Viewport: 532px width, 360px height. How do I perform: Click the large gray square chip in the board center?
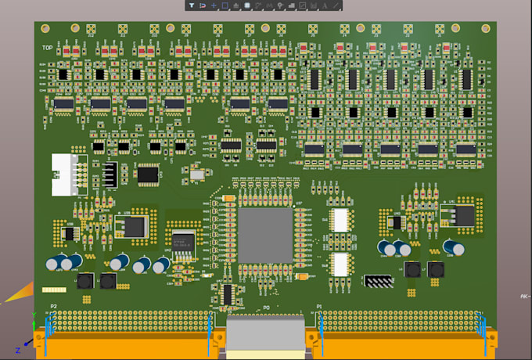click(x=265, y=235)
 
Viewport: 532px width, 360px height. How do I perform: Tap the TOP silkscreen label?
click(x=48, y=49)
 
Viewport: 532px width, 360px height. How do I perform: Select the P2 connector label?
click(x=54, y=306)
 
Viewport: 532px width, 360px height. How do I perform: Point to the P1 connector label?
click(x=318, y=307)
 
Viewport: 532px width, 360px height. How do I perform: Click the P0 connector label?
click(x=265, y=308)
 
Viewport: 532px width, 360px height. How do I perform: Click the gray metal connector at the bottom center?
click(x=265, y=335)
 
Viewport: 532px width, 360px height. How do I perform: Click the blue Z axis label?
click(x=17, y=349)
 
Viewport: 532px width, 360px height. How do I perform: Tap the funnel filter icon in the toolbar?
click(x=192, y=5)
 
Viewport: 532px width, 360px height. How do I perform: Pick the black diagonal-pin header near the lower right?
click(x=377, y=280)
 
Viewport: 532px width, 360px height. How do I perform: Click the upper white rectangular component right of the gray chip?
click(x=339, y=220)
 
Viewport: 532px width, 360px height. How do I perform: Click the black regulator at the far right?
click(x=465, y=217)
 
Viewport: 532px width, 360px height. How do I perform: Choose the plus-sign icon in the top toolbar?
click(x=214, y=5)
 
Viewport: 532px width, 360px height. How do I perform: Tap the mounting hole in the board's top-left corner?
click(x=45, y=29)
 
